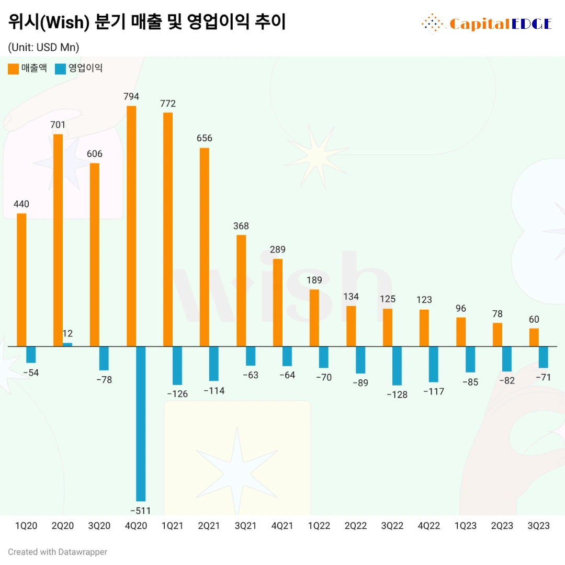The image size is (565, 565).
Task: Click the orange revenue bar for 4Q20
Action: tap(131, 225)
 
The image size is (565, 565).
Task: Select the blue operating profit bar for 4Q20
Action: tap(141, 424)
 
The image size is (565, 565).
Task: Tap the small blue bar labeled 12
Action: tap(67, 344)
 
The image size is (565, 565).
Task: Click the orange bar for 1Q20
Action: tap(21, 280)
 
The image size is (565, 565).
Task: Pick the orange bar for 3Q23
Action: tap(534, 337)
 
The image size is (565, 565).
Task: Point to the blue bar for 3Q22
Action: tap(397, 366)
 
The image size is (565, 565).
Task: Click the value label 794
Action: tap(131, 97)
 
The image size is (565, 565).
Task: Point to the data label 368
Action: tap(241, 226)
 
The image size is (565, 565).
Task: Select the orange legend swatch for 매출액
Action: tap(13, 69)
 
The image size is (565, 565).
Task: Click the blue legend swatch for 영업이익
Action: tap(60, 69)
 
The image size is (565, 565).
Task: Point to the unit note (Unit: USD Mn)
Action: tap(43, 47)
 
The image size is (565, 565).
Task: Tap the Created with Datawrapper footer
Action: tap(58, 551)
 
